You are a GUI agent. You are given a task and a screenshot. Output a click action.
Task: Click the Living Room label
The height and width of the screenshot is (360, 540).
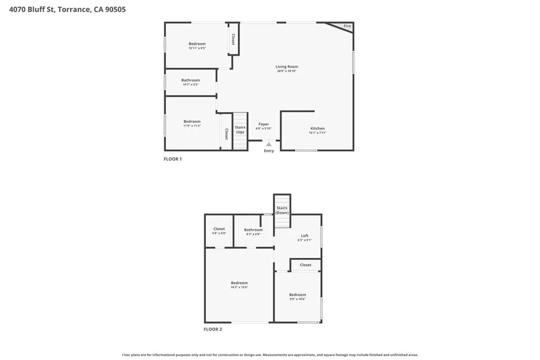click(287, 67)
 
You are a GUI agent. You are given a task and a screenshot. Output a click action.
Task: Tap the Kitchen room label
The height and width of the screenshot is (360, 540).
click(317, 129)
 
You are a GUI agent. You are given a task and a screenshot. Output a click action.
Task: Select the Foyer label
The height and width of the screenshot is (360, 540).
click(264, 124)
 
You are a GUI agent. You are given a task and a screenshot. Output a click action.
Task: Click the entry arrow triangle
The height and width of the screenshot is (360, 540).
click(269, 144)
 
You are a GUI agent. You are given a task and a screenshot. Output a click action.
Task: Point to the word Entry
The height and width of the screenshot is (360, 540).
click(269, 151)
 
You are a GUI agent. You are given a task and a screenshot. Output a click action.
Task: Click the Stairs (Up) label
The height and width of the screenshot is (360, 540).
click(240, 129)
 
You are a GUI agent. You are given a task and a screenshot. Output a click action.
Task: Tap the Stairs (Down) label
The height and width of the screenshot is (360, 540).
click(282, 210)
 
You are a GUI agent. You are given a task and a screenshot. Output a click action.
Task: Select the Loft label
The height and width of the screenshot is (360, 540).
click(305, 236)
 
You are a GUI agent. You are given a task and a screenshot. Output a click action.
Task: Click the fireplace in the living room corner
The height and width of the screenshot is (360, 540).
click(343, 26)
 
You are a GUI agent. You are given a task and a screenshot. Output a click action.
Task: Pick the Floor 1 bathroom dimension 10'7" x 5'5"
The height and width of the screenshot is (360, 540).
click(191, 85)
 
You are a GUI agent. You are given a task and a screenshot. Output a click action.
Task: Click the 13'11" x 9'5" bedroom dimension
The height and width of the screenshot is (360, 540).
click(197, 48)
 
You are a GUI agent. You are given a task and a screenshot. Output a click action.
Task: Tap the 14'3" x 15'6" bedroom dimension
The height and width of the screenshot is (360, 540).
click(239, 287)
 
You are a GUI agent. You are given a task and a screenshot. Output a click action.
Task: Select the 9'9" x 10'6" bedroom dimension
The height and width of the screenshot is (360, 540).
click(297, 299)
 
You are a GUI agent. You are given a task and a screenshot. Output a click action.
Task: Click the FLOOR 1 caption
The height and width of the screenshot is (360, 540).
click(173, 159)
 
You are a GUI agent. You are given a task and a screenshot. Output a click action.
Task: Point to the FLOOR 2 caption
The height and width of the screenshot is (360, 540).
click(213, 329)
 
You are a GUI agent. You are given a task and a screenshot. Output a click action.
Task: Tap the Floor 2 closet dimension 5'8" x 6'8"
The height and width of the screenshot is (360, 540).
click(219, 233)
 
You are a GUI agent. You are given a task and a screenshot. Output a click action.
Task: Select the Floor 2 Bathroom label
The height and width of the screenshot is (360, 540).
click(253, 230)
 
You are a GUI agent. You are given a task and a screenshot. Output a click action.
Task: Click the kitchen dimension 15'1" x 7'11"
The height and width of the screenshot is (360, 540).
click(317, 133)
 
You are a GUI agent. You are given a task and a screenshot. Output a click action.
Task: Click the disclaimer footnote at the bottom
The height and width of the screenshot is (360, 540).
click(270, 355)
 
